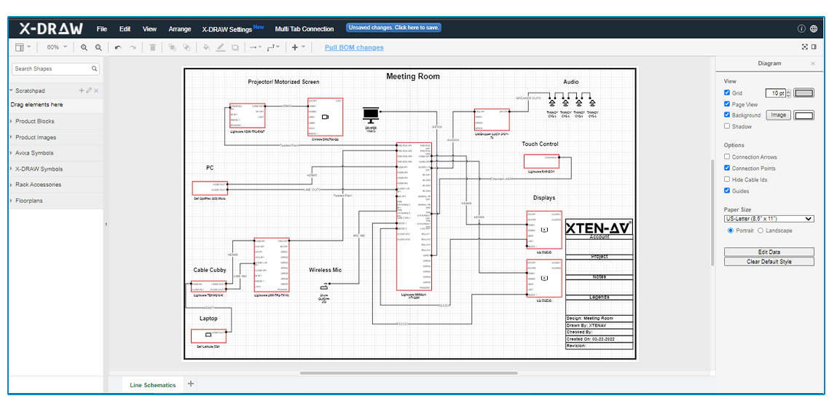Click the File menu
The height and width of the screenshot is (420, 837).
point(102,29)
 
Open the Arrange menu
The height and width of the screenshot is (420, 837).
point(179,29)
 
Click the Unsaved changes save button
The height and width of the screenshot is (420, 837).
point(393,28)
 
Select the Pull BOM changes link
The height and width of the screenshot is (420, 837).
point(354,47)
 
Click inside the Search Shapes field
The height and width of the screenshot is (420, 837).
point(52,69)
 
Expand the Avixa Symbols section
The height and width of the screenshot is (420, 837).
point(34,153)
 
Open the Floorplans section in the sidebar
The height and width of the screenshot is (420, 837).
point(30,201)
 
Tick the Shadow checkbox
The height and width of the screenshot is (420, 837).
point(727,126)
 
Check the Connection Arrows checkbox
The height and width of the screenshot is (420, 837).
point(727,157)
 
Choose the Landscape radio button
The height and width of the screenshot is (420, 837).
point(761,230)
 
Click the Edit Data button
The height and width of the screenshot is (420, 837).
point(769,252)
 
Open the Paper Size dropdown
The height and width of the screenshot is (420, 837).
point(769,219)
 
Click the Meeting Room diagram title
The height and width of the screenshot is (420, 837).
point(412,77)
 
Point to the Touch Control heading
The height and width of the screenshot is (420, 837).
point(540,144)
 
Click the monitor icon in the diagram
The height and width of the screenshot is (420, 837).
point(371,114)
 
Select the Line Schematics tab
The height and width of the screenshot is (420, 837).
point(152,385)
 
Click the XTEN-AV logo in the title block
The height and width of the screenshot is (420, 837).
point(598,227)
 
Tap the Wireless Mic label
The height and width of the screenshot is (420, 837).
point(325,270)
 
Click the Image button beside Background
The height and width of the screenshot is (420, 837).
point(779,115)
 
